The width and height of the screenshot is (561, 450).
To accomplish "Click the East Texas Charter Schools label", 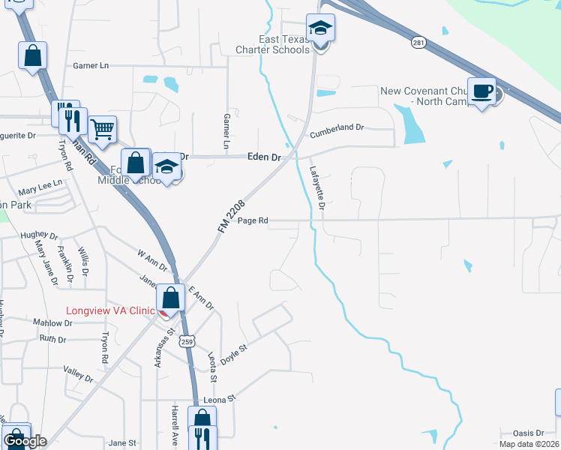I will point(274,44).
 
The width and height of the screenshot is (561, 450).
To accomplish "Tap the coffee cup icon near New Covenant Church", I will point(481,91).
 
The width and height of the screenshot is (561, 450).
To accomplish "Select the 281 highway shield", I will point(418,43).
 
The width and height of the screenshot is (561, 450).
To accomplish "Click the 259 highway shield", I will point(187,341).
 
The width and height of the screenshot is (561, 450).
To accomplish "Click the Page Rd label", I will point(253,221).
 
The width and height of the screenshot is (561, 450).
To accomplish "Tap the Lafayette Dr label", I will point(316,187).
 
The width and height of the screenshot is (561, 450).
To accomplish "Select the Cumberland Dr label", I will point(339,128).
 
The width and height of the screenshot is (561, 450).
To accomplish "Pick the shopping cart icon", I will point(102,129).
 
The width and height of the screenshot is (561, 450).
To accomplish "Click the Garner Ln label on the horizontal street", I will point(91,66).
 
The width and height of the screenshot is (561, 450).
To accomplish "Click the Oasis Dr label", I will point(528,433).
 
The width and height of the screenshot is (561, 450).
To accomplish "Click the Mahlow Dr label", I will point(52,322).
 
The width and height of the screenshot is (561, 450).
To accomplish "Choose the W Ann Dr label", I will point(152,260).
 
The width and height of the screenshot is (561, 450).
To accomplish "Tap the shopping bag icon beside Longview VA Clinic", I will point(171,298).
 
